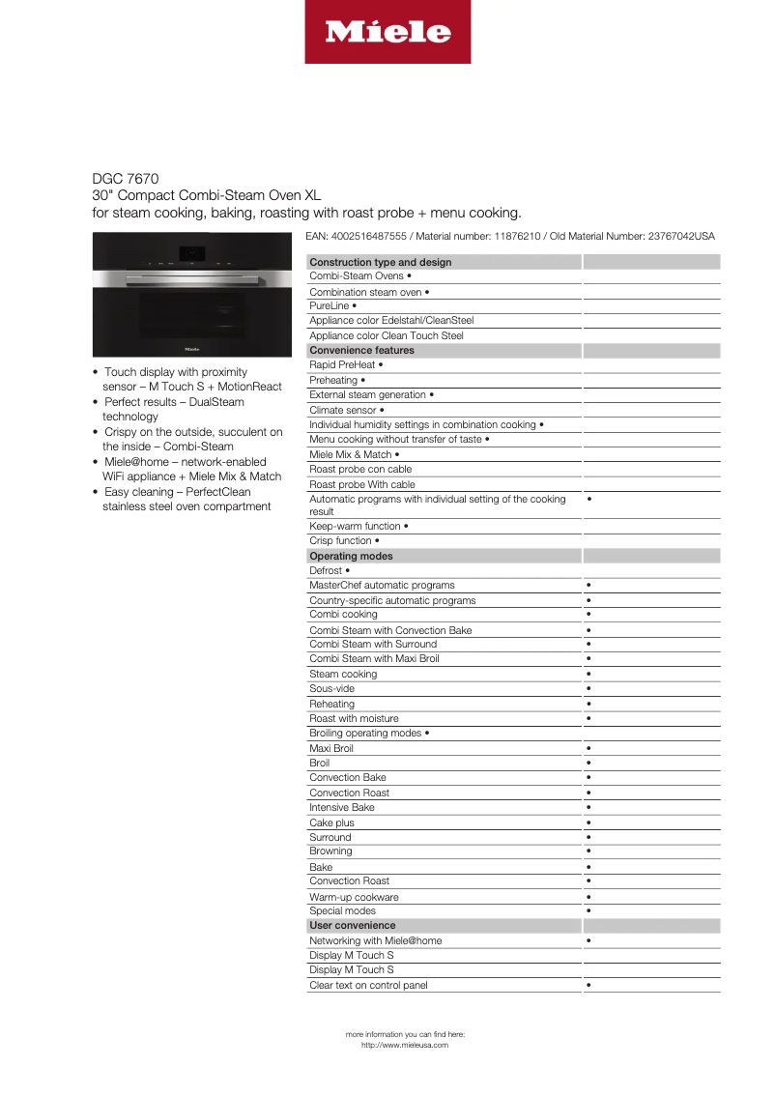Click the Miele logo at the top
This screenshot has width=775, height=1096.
point(387,32)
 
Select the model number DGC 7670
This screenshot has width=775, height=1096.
point(126,179)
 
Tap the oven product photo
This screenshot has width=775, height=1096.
point(190,296)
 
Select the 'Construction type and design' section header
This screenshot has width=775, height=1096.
point(380,262)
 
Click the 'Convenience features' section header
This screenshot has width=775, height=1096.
point(361,350)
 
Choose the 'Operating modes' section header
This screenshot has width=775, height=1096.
point(351,556)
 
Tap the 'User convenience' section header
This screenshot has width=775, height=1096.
point(353,925)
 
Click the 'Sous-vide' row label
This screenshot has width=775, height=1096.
point(331,688)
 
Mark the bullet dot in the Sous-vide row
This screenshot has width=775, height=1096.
point(588,689)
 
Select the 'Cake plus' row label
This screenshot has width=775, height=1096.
point(331,822)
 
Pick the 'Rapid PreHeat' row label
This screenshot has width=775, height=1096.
point(342,364)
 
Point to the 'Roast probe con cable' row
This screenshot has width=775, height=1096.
point(360,469)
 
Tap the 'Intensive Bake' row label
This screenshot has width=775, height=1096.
point(341,807)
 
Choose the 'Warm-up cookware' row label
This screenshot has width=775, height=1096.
point(354,897)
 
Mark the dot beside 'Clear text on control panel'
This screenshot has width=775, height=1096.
point(588,985)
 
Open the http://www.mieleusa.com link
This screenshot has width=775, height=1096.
point(405,1045)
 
